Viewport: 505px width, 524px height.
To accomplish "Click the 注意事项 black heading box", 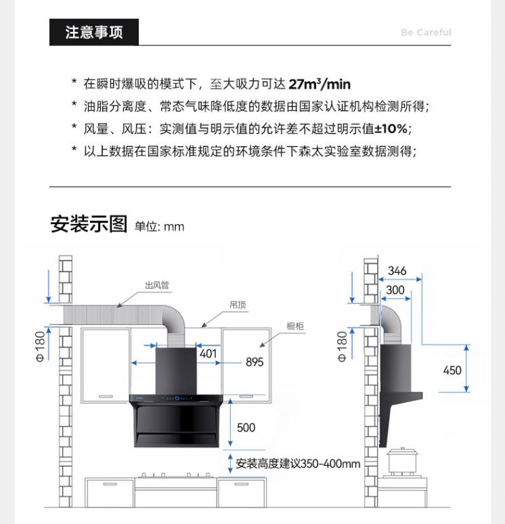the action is [x=94, y=32].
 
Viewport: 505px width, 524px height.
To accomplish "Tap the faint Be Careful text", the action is [x=426, y=32].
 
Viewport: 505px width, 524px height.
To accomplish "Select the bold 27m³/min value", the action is [x=320, y=84].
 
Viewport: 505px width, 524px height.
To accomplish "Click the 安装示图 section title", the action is [x=89, y=224].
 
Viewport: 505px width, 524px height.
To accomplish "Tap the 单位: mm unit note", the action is [x=160, y=227].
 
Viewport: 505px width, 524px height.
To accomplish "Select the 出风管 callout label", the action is [x=157, y=285].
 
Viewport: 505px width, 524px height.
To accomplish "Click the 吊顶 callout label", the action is [x=238, y=305].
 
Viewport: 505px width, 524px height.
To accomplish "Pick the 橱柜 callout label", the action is [x=295, y=326].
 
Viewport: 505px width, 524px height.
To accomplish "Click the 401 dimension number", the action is [x=208, y=353].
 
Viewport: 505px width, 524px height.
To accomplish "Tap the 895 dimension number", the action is [x=255, y=362].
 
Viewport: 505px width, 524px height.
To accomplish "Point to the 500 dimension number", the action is [x=246, y=427].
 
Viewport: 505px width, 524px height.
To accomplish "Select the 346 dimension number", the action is [x=397, y=271].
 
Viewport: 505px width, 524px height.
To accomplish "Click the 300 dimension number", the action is [x=395, y=290].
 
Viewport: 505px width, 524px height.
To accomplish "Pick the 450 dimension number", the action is [x=452, y=370].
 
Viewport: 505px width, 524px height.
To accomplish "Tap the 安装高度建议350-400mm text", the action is [x=298, y=464].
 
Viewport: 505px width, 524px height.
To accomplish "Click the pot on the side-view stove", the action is [x=402, y=460].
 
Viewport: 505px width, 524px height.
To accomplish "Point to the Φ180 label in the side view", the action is [x=343, y=347].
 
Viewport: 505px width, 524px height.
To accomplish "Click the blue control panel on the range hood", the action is [x=177, y=398].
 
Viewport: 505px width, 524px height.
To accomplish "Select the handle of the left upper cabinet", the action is [x=106, y=396].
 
